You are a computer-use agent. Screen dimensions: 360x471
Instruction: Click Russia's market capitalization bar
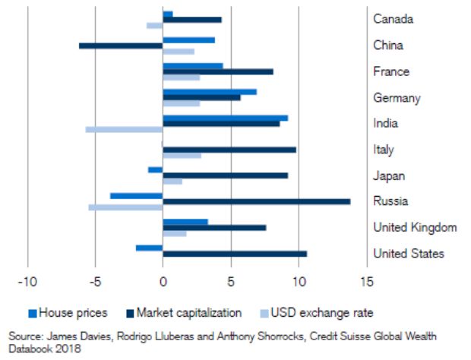(257, 201)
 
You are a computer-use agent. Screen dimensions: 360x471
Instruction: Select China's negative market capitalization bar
(121, 46)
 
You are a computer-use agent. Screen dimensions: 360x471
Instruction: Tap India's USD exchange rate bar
(125, 129)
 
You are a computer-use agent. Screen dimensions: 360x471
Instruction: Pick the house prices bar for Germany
(210, 91)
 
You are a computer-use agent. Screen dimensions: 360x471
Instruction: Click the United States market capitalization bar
(235, 254)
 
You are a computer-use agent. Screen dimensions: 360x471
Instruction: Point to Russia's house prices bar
(137, 195)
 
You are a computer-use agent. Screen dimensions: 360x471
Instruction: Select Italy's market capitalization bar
(229, 150)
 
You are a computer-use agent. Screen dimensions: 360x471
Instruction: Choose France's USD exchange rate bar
(182, 77)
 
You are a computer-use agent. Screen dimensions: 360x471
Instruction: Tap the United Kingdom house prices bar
(185, 222)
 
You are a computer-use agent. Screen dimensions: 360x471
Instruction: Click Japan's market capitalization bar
(226, 175)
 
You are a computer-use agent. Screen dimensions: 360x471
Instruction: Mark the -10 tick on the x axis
(27, 283)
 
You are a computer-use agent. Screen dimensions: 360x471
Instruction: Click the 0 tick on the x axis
(163, 283)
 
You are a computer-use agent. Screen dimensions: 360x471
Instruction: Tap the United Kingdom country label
(415, 227)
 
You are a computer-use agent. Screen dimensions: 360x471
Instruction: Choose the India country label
(386, 123)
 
